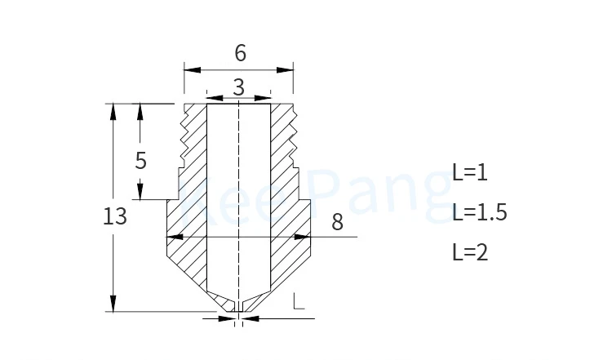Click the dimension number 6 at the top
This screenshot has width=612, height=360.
(x=241, y=53)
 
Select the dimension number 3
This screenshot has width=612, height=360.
(x=239, y=87)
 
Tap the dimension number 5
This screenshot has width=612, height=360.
(x=141, y=160)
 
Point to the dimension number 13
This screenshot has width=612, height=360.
(x=115, y=216)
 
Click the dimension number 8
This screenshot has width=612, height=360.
(x=337, y=222)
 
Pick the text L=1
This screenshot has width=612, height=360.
(x=470, y=171)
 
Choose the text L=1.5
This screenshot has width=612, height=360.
(x=480, y=212)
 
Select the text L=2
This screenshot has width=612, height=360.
(x=470, y=252)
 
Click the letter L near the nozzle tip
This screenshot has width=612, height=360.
(x=299, y=301)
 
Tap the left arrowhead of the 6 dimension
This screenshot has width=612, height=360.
(x=192, y=70)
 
